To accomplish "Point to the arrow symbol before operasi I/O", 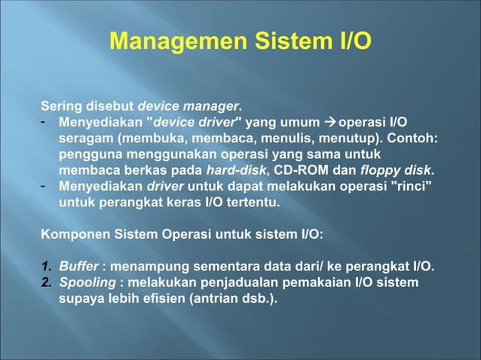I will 331,122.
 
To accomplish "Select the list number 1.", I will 44,267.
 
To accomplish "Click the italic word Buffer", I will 78,267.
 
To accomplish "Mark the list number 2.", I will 44,282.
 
